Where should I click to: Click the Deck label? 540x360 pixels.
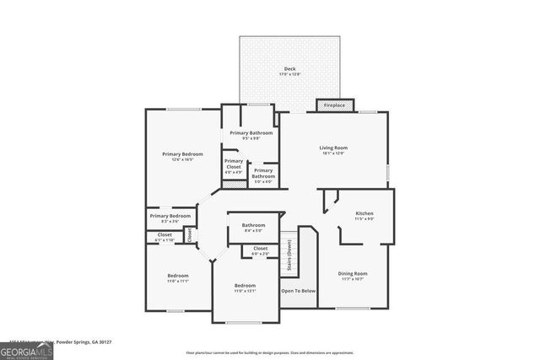tap(289, 71)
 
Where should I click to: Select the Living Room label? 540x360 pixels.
tap(333, 149)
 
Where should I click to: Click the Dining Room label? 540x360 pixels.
tap(353, 275)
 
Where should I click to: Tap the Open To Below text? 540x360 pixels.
tap(299, 291)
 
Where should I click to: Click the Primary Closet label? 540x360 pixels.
tap(233, 166)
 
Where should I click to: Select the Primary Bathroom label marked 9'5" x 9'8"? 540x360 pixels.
tap(251, 135)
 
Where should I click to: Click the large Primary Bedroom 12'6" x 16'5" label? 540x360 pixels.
tap(182, 156)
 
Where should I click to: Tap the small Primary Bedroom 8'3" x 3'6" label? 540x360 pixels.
tap(170, 218)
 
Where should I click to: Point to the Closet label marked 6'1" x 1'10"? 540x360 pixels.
tap(164, 237)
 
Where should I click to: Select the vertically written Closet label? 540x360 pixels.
tap(189, 234)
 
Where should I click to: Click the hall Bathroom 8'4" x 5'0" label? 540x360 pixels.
tap(254, 227)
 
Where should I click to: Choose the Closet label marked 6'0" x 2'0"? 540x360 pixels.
tap(260, 250)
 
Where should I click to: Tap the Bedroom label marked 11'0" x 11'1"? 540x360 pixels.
tap(177, 278)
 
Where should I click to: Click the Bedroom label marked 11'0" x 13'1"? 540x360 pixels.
tap(246, 288)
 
